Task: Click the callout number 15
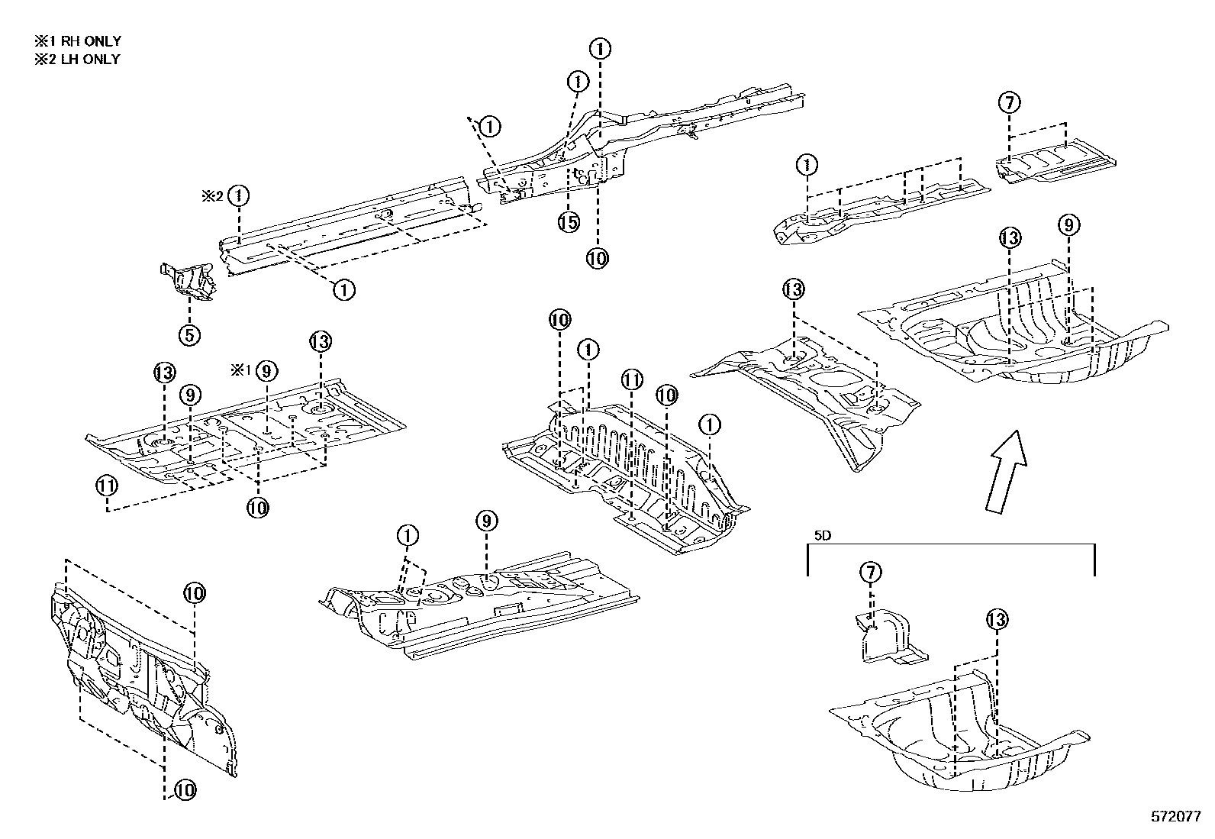(569, 222)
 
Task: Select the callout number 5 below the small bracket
(189, 334)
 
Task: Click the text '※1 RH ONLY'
(77, 41)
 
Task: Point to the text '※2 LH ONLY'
(77, 59)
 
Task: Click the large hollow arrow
(1004, 471)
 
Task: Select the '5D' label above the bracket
(822, 536)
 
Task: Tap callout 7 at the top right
(1009, 102)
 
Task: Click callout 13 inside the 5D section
(997, 620)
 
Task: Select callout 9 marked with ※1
(266, 371)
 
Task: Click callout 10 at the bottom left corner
(183, 791)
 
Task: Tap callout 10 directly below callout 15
(598, 258)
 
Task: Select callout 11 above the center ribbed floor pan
(632, 379)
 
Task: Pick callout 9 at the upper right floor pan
(1068, 225)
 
